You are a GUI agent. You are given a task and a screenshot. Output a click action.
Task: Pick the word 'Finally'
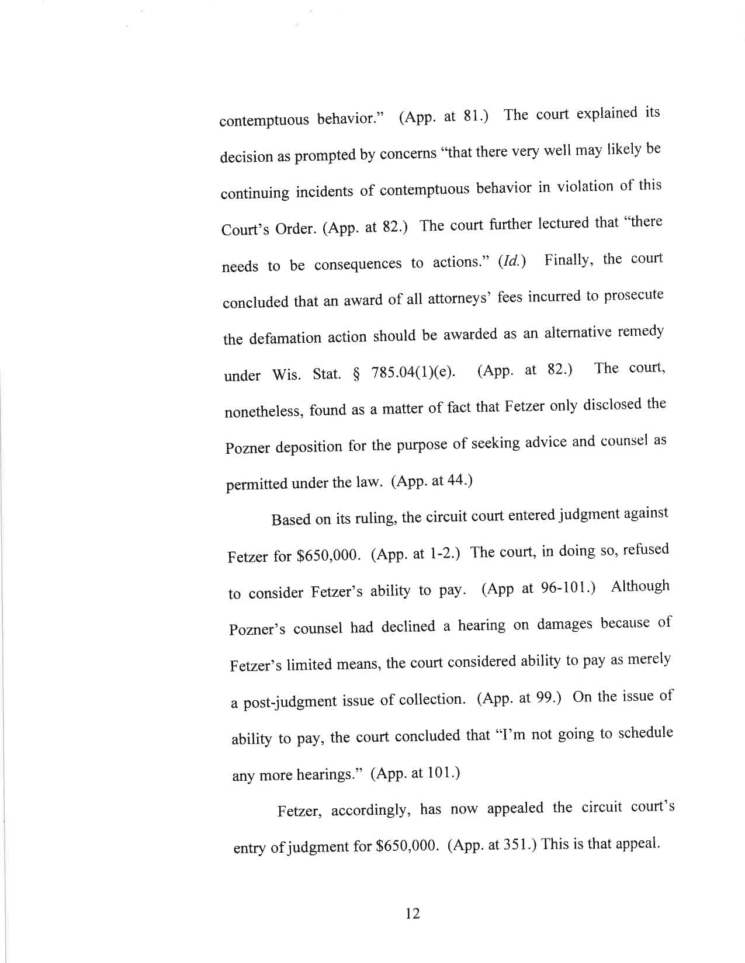[x=569, y=259]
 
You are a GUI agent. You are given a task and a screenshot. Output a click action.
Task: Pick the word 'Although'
[x=640, y=587]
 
